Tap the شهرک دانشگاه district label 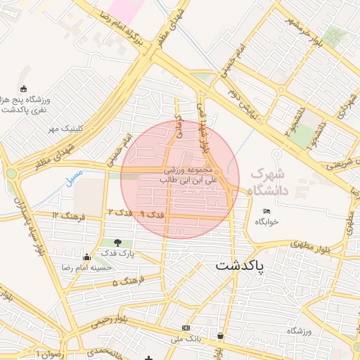[266, 181]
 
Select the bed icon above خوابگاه [266, 212]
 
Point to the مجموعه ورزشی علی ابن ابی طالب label [189, 175]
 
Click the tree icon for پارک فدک [117, 243]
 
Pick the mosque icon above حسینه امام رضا [86, 257]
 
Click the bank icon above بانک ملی [186, 328]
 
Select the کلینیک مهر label [65, 129]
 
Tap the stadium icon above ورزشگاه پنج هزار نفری [25, 89]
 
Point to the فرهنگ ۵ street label [127, 281]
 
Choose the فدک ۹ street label [151, 213]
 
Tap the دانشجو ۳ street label [290, 120]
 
